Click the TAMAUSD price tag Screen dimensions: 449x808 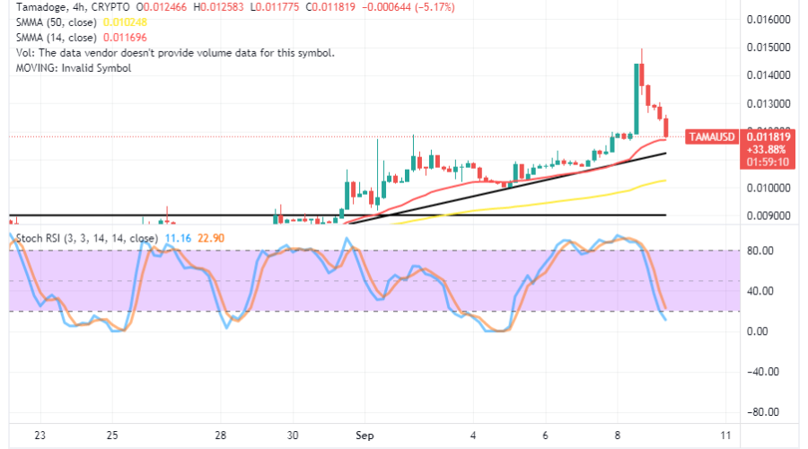(x=711, y=136)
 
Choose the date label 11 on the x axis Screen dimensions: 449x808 (x=725, y=436)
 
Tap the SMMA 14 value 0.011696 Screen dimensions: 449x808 (x=122, y=38)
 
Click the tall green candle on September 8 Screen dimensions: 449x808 (x=637, y=99)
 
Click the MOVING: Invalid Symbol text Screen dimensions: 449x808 (x=68, y=68)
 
